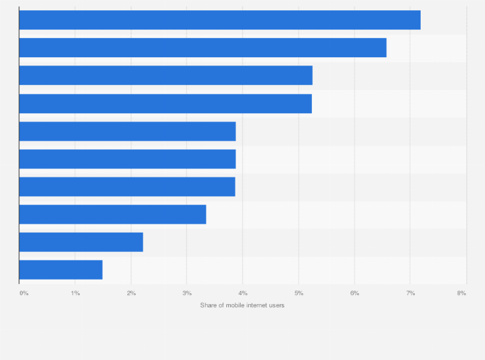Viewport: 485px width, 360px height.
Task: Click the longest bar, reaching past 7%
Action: [x=219, y=20]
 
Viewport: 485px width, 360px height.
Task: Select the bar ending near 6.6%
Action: [x=203, y=48]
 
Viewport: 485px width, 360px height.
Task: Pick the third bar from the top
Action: [x=165, y=75]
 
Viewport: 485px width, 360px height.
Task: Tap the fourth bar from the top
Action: [x=165, y=104]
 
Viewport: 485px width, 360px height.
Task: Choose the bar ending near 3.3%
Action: [x=113, y=215]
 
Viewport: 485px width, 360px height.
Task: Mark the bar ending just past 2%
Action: [x=81, y=242]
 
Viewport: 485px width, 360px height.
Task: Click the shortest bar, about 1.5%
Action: [x=60, y=270]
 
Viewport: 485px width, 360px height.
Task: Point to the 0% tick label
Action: [x=24, y=293]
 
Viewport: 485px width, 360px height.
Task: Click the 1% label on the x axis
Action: [x=75, y=293]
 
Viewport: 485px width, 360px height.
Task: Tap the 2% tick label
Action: [x=131, y=293]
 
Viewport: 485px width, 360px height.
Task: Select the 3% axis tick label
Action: [x=187, y=293]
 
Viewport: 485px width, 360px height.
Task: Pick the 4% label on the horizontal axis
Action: [x=243, y=293]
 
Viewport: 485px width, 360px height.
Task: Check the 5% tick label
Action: [x=299, y=293]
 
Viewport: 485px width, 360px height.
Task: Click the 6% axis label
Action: [x=354, y=293]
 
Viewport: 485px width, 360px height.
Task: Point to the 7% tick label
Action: [x=410, y=293]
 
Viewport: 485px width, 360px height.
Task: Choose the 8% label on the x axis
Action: [x=461, y=293]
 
